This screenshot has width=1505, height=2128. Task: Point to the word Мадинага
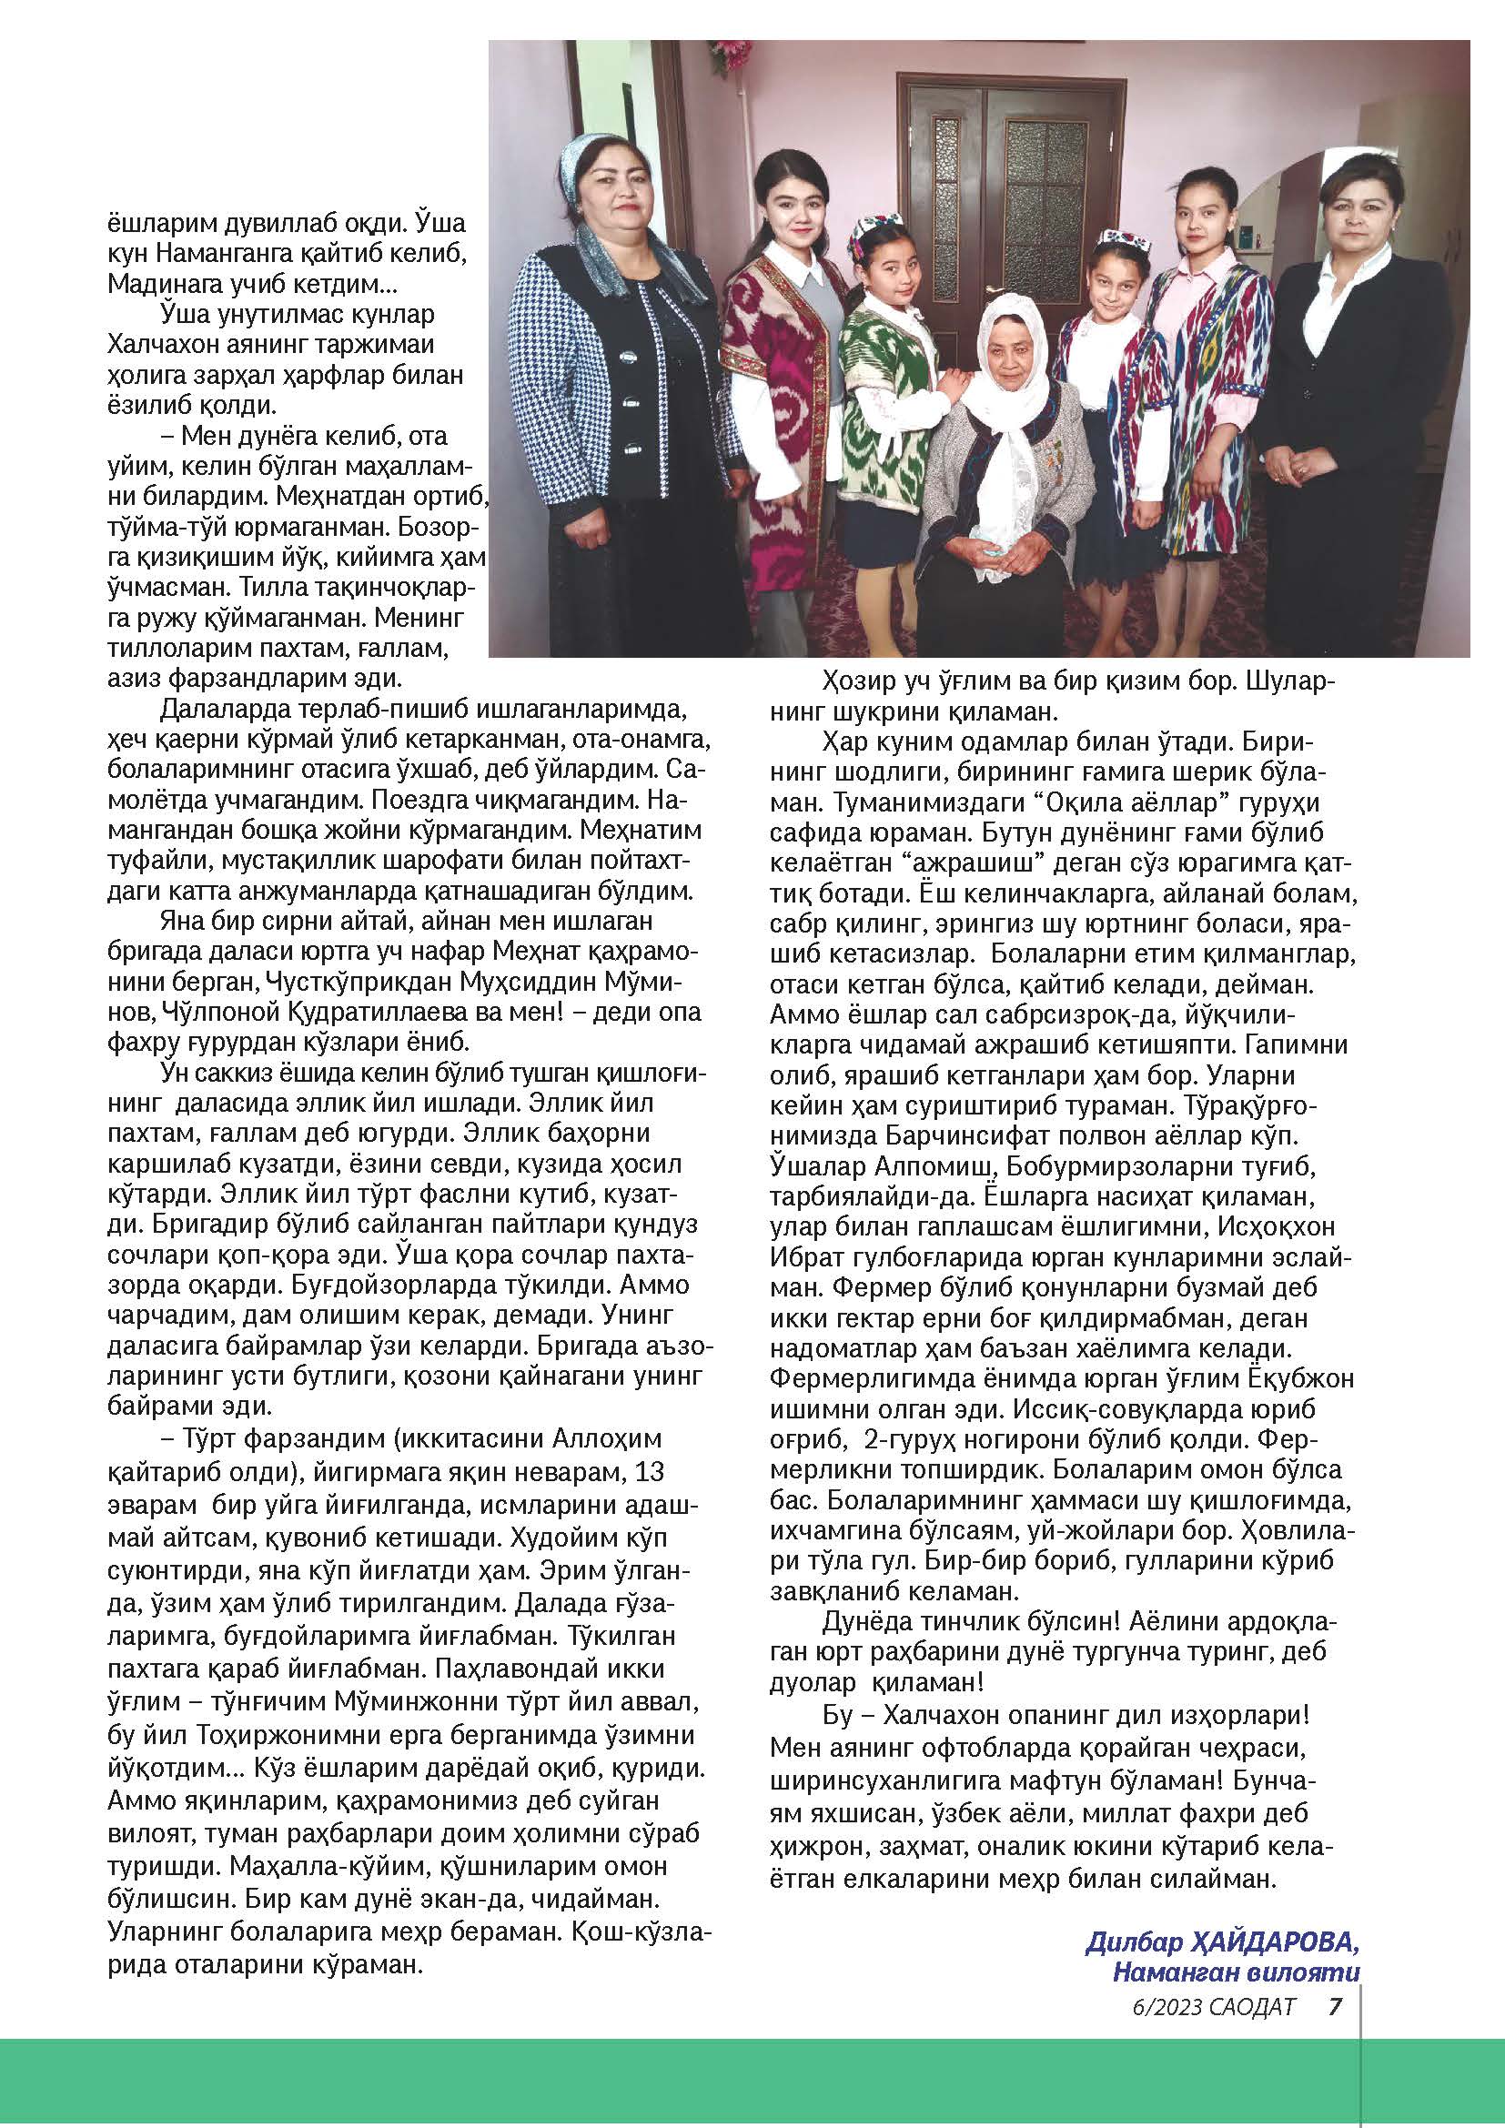point(171,284)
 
